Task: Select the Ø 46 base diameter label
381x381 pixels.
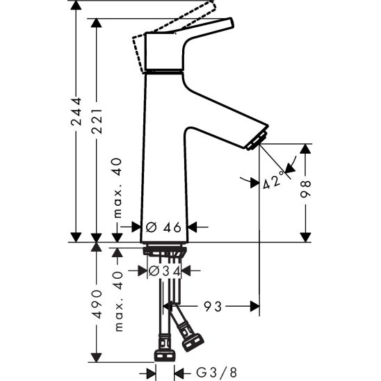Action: point(164,227)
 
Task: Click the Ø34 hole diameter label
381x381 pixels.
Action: point(164,270)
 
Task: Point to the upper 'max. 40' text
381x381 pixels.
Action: point(117,188)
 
